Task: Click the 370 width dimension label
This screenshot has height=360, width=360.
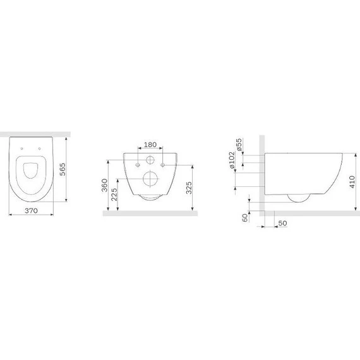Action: pyautogui.click(x=31, y=210)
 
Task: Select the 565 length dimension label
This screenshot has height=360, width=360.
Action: pyautogui.click(x=63, y=169)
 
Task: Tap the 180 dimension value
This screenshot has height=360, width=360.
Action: pyautogui.click(x=150, y=145)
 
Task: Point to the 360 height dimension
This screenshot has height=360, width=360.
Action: pyautogui.click(x=105, y=185)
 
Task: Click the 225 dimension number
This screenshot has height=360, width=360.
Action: pyautogui.click(x=114, y=195)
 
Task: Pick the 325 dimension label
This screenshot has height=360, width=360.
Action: pyautogui.click(x=189, y=188)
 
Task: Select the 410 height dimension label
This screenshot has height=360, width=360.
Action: pyautogui.click(x=352, y=182)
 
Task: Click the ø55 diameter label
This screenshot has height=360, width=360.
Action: pyautogui.click(x=239, y=145)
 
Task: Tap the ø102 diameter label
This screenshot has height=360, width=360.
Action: pyautogui.click(x=232, y=160)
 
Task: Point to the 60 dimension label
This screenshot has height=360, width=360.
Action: pyautogui.click(x=246, y=218)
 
